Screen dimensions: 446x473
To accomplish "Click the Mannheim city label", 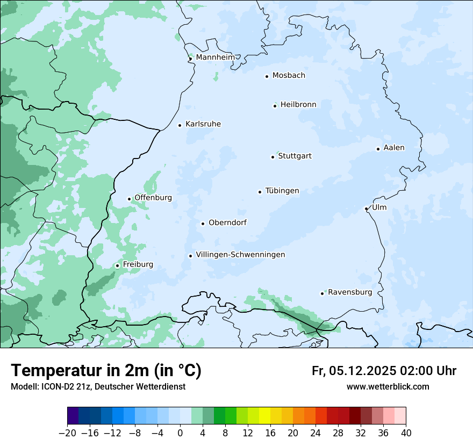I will [x=215, y=57].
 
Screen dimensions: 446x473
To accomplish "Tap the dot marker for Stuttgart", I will [x=273, y=157].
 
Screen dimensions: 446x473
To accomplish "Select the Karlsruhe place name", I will [x=203, y=124].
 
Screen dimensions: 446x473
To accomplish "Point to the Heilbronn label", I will [x=298, y=105].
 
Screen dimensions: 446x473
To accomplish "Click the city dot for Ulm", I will [x=366, y=208].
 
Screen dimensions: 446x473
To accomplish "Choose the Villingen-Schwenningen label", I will [x=240, y=255].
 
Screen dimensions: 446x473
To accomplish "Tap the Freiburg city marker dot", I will [x=117, y=265].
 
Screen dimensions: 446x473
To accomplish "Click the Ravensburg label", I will [x=350, y=292].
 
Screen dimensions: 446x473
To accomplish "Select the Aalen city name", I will [x=394, y=148].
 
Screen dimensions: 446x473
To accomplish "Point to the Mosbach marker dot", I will [x=267, y=76].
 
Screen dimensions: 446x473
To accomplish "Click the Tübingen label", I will [x=282, y=191].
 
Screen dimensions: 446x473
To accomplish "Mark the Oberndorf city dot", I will [x=203, y=224].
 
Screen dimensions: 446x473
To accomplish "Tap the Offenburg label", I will [x=153, y=198].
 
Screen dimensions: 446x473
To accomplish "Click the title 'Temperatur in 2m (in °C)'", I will [x=106, y=371].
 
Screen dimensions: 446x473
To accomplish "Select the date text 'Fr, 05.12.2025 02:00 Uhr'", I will [x=384, y=371].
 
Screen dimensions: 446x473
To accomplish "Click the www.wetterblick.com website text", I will [x=388, y=386].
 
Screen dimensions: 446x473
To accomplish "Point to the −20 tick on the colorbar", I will [x=67, y=433].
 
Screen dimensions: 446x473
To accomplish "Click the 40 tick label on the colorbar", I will [x=406, y=433].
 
